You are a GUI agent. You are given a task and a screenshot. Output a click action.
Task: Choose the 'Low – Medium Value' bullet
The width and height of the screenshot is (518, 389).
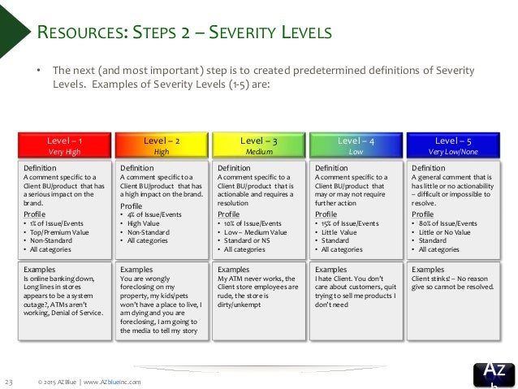pyautogui.click(x=257, y=231)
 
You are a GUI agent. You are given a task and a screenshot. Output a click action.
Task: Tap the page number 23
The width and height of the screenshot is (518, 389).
pyautogui.click(x=10, y=380)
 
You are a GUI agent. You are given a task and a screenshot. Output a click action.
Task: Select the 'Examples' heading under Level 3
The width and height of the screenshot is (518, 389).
pyautogui.click(x=234, y=269)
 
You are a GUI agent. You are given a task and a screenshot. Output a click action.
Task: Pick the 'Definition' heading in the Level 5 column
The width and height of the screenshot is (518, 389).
pyautogui.click(x=429, y=167)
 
